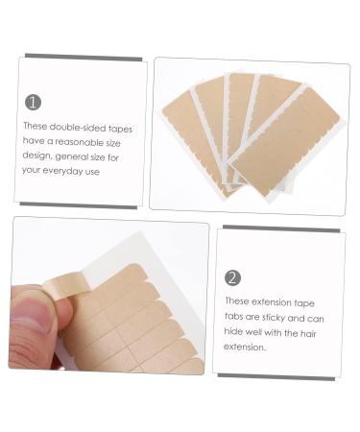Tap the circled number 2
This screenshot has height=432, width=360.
233,277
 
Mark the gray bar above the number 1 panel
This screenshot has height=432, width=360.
83,57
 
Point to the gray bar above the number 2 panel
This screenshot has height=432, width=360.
281,228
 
